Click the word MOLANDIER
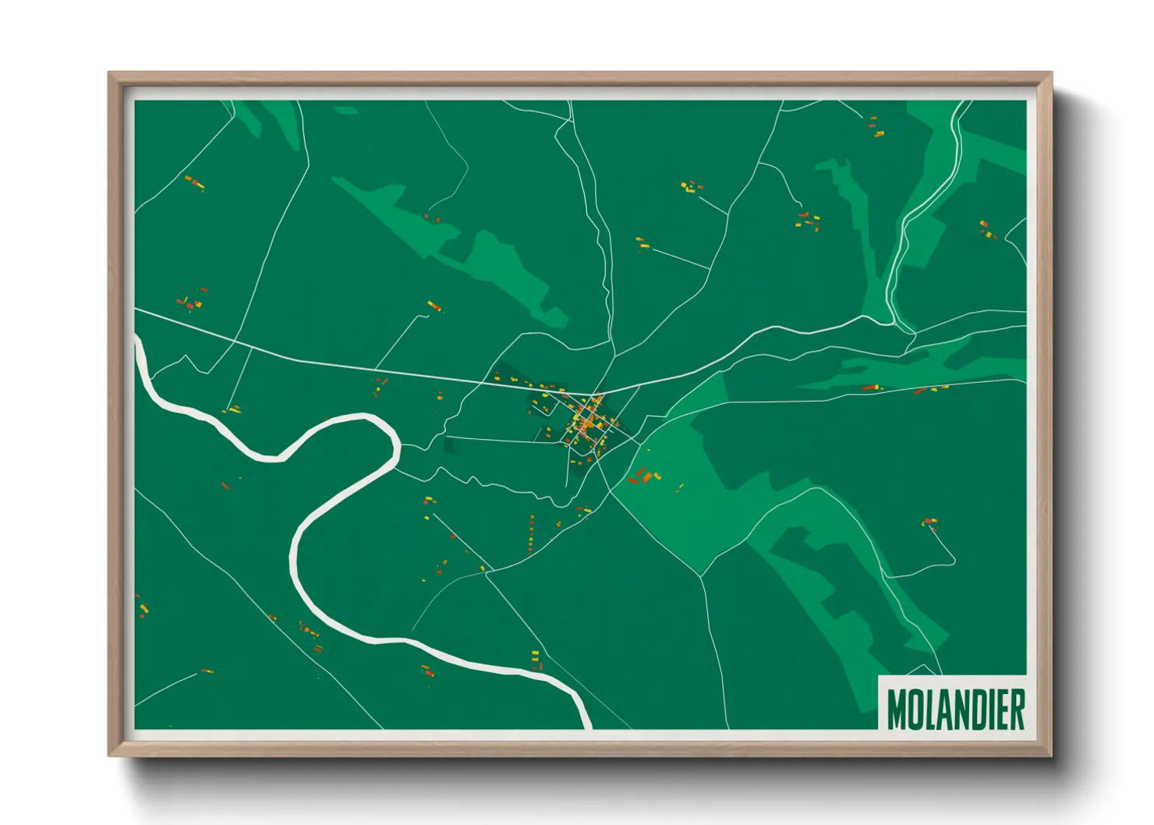point(955,709)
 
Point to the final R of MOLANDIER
point(1017,709)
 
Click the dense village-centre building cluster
point(589,421)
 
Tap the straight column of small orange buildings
point(532,533)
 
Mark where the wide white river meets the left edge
point(139,343)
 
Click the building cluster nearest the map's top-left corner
point(193,183)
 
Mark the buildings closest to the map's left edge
point(141,606)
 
